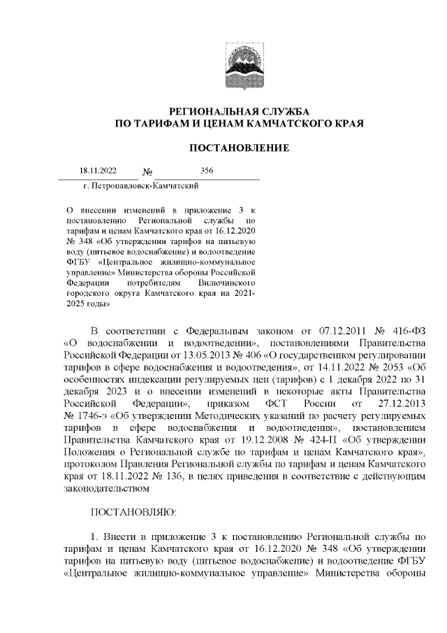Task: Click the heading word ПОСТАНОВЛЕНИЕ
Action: coord(240,148)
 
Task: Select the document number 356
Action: coord(207,171)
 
